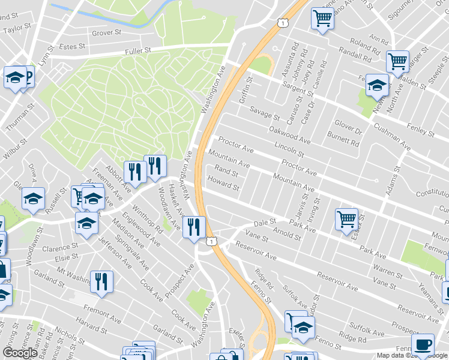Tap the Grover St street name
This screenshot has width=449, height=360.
click(106, 33)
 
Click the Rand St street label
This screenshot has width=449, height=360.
click(226, 172)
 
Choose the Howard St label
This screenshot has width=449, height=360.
click(223, 183)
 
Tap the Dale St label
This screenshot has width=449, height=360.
click(264, 222)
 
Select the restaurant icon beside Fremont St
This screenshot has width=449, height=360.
click(101, 281)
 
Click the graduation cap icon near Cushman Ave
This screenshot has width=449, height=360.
click(377, 85)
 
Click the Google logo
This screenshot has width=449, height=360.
click(20, 353)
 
